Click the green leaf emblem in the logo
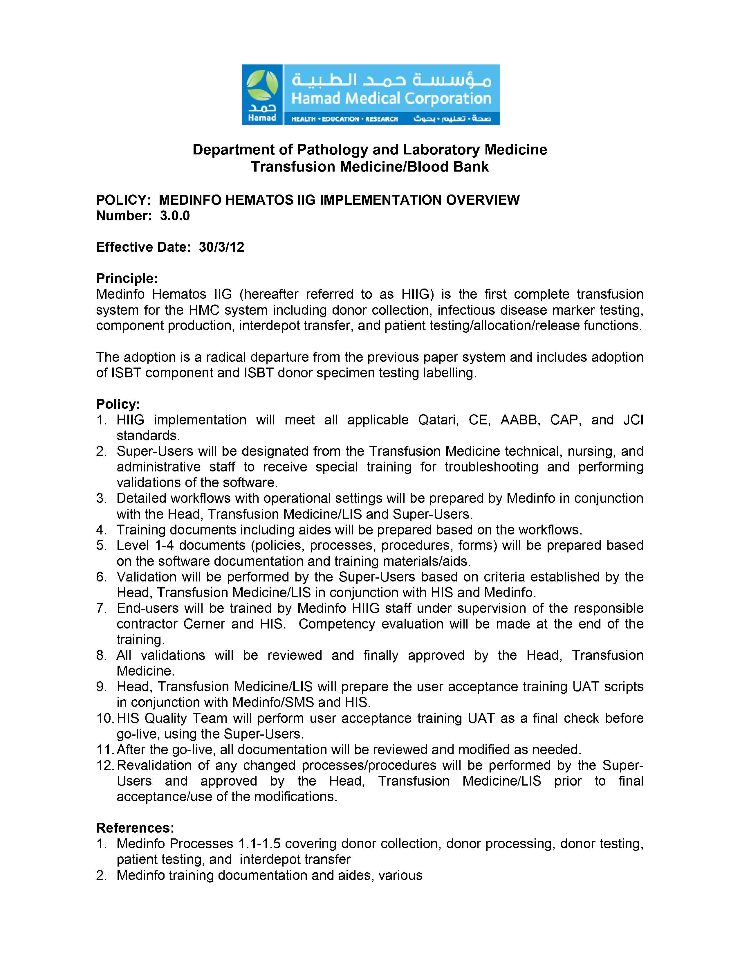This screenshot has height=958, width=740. coord(262,86)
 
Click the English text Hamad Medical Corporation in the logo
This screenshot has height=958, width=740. coord(391,98)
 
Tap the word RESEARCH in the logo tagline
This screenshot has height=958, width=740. coord(381,119)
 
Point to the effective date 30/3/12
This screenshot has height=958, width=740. coord(221,247)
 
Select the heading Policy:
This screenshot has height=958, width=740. coord(118,404)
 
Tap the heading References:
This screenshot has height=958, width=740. coord(135,828)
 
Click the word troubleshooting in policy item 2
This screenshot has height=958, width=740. coord(491,467)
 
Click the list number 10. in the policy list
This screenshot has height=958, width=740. coord(106,718)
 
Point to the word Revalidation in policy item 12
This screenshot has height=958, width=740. coord(154,766)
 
